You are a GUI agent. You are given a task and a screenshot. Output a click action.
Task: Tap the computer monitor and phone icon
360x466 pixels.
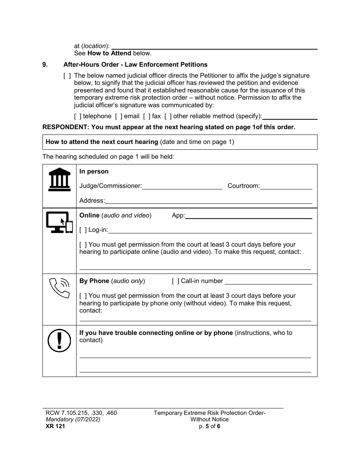[59, 222]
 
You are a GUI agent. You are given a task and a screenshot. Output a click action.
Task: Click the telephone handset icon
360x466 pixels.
[59, 288]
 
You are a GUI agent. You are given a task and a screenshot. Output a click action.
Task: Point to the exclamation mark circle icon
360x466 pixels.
[59, 339]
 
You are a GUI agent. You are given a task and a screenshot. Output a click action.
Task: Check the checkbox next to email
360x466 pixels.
[119, 116]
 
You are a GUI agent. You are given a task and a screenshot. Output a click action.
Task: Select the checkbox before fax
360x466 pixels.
[147, 116]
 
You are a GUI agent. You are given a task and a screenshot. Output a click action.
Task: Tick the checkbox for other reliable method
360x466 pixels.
[168, 116]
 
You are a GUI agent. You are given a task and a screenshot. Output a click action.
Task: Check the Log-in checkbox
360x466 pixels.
[83, 230]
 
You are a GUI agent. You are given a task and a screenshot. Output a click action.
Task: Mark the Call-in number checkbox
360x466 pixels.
[175, 281]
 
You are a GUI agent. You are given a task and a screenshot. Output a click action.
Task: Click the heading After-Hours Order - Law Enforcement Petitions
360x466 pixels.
[135, 65]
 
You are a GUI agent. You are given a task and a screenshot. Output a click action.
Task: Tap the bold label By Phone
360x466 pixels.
[94, 281]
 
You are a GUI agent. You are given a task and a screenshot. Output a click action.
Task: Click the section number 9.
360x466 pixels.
[45, 65]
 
